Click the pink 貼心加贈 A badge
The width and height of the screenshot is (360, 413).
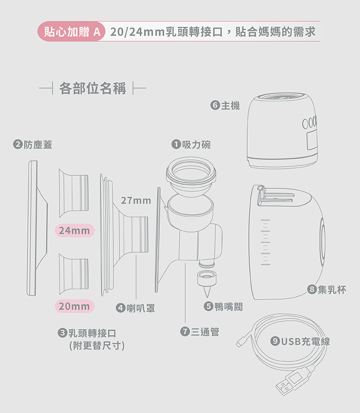[x=72, y=32]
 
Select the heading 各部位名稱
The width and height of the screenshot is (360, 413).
[x=93, y=88]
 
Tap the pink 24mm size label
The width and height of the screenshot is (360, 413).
[x=74, y=231]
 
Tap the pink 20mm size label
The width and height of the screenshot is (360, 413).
[x=74, y=306]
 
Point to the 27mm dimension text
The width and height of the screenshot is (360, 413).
[x=136, y=200]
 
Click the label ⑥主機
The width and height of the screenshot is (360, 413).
[x=225, y=105]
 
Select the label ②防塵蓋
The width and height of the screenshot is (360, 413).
[x=33, y=145]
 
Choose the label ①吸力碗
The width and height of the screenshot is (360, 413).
[x=191, y=145]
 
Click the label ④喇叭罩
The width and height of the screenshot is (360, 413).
[x=135, y=308]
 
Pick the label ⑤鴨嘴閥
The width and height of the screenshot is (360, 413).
[x=223, y=306]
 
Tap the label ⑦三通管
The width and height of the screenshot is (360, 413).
[x=200, y=332]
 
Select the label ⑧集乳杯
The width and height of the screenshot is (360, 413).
[x=326, y=290]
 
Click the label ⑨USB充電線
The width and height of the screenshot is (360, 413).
[x=300, y=341]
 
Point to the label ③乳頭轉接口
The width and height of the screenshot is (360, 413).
[x=87, y=333]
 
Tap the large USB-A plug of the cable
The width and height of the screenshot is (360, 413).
[x=292, y=381]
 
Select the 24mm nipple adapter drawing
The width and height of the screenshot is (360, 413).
[x=73, y=193]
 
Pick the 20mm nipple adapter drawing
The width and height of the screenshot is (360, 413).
[x=73, y=274]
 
